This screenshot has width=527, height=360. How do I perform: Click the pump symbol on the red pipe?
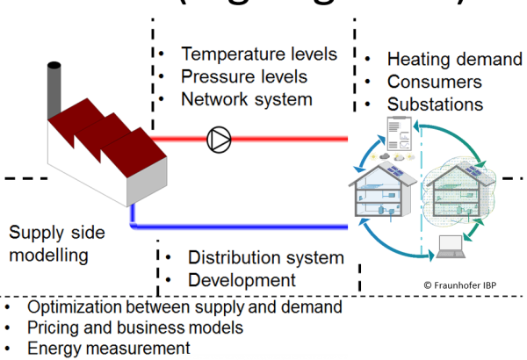(218, 139)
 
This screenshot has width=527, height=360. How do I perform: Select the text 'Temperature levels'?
(259, 54)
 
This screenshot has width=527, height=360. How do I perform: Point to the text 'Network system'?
(247, 98)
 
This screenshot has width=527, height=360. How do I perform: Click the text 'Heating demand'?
(454, 59)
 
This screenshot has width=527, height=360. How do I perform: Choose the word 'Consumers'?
(435, 82)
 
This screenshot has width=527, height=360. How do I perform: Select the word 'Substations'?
(436, 104)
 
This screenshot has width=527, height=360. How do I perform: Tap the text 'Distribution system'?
(266, 258)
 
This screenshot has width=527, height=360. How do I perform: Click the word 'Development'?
(242, 280)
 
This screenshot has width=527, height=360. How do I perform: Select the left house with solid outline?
(381, 193)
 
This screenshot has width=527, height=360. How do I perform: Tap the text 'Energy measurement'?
(109, 348)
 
